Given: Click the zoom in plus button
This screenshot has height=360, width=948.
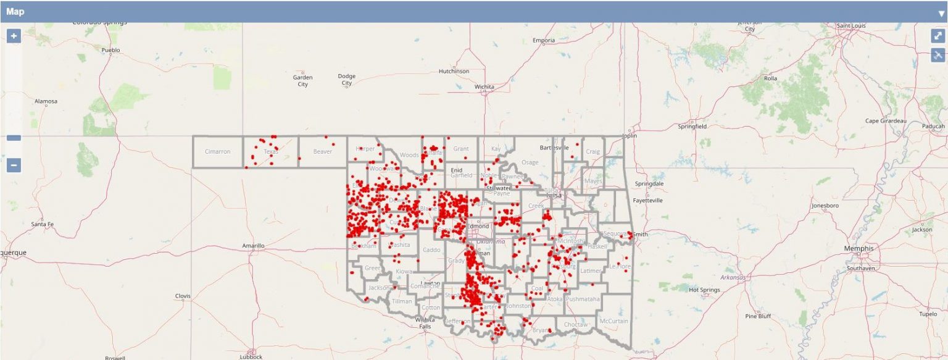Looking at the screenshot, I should [14, 36].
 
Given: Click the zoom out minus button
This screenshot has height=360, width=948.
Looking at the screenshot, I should [14, 165].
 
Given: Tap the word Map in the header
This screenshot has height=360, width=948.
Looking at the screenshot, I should [15, 12].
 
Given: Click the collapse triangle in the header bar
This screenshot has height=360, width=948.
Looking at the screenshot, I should [941, 13].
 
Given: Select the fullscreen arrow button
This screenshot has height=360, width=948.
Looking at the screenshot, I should [938, 36].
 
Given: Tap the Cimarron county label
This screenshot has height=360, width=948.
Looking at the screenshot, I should [217, 151].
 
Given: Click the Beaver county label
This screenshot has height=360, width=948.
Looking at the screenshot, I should [322, 151].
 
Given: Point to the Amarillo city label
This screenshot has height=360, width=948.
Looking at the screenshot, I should [253, 246].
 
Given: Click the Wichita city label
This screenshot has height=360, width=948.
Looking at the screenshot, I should [484, 87].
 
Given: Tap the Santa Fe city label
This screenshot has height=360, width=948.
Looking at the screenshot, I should [42, 224].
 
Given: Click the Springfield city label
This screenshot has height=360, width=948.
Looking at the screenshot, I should [692, 126].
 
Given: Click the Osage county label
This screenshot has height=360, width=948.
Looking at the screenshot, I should [530, 162].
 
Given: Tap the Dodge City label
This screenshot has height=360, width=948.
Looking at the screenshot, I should [346, 80].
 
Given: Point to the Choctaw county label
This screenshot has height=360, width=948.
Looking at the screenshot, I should [575, 324].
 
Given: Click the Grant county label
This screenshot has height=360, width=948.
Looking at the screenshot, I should [460, 149].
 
